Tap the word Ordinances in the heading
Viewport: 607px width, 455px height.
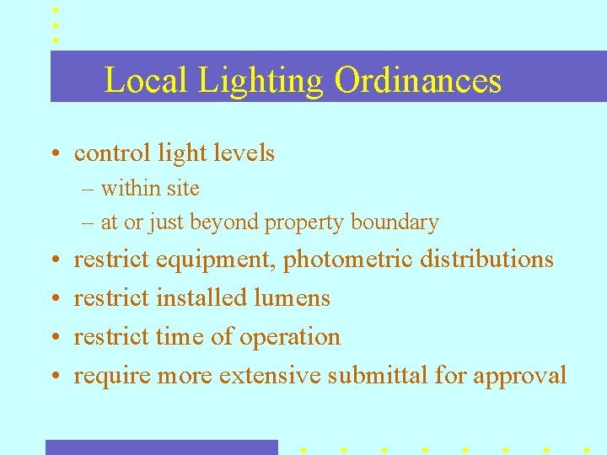(417, 81)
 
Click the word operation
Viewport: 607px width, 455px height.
(290, 336)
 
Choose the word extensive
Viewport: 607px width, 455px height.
(270, 375)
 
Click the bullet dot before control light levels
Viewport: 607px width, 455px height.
(53, 154)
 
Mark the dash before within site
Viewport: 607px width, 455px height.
(88, 189)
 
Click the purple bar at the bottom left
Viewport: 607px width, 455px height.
(161, 447)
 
